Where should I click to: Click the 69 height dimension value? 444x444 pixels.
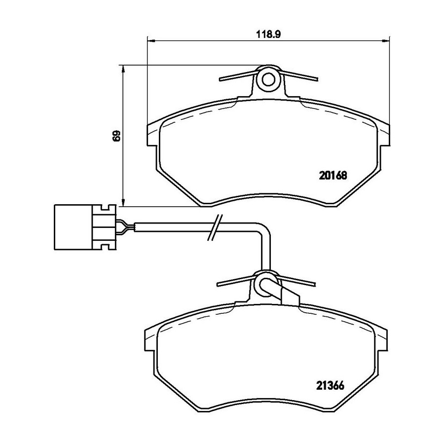tap(116, 136)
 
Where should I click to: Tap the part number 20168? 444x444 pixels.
tap(333, 176)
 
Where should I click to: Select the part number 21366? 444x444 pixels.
tap(330, 385)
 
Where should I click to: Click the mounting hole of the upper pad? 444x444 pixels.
tap(268, 79)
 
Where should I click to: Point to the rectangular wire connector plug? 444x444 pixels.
tap(85, 227)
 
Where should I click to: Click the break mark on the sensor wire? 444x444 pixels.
tap(215, 227)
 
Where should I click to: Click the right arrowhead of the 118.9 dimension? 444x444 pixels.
tap(385, 41)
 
